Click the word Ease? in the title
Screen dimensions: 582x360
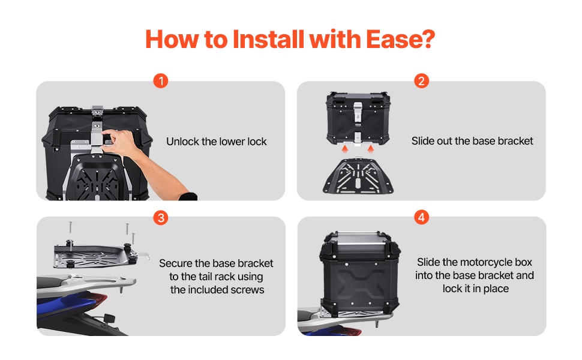(x=400, y=39)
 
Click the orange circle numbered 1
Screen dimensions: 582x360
(x=161, y=81)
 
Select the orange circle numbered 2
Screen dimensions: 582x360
(x=421, y=81)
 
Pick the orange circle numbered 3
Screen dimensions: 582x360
(x=161, y=217)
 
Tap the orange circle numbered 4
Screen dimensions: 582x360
(x=421, y=217)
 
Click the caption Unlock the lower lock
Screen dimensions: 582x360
(x=217, y=142)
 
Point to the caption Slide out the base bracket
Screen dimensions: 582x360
(x=472, y=141)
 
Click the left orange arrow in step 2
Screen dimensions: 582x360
(x=345, y=149)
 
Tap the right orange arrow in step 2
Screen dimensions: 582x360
(x=371, y=149)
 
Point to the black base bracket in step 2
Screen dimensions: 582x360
(x=358, y=176)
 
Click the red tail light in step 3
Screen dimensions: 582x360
(x=98, y=299)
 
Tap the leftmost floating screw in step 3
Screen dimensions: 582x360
(x=70, y=227)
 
